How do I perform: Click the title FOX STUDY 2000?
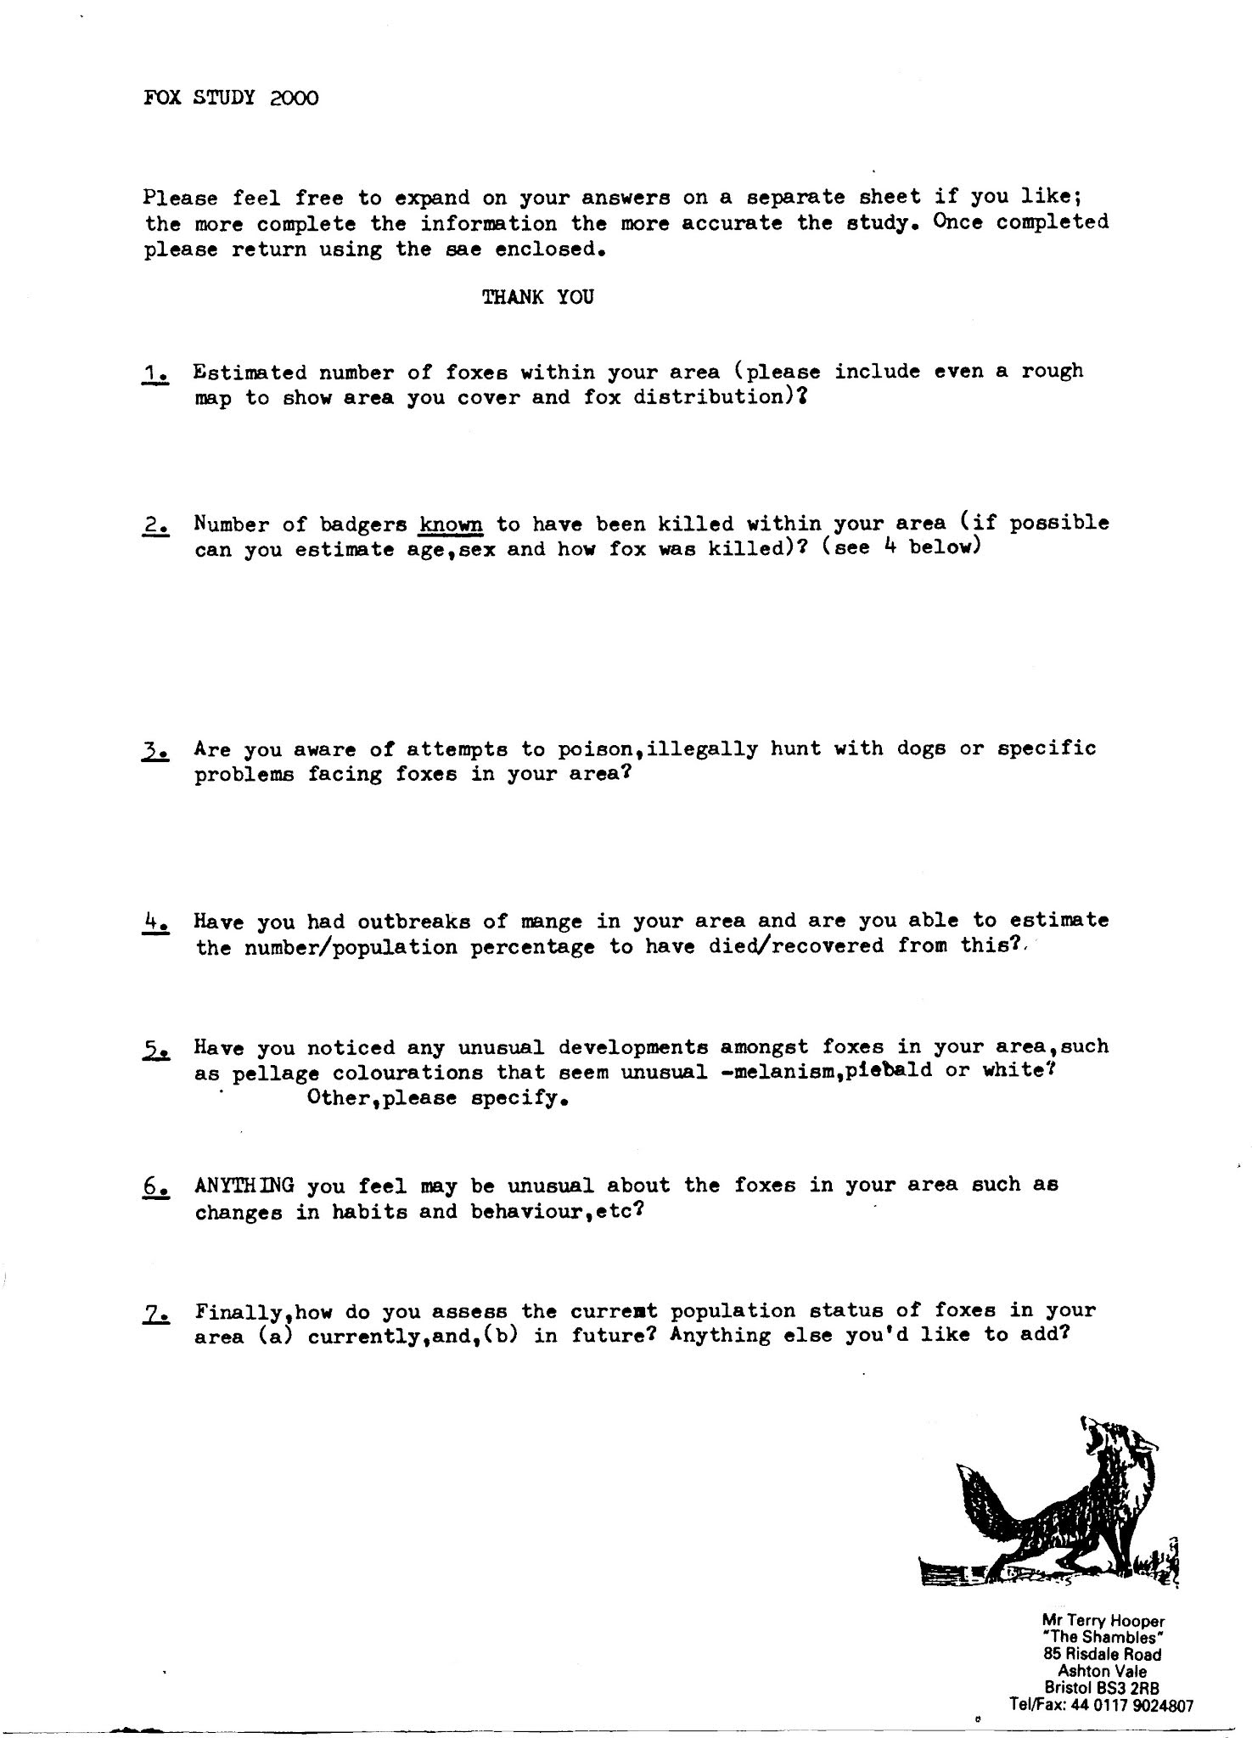pos(231,98)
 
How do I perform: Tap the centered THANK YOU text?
pos(537,297)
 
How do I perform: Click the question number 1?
pos(156,373)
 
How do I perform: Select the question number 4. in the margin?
pos(156,922)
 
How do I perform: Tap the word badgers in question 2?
pos(362,524)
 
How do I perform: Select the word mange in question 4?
pos(551,922)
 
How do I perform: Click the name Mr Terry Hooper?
pos(1103,1621)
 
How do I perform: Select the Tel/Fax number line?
pos(1101,1705)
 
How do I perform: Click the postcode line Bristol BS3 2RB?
pos(1103,1688)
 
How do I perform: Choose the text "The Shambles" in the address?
pos(1103,1638)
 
